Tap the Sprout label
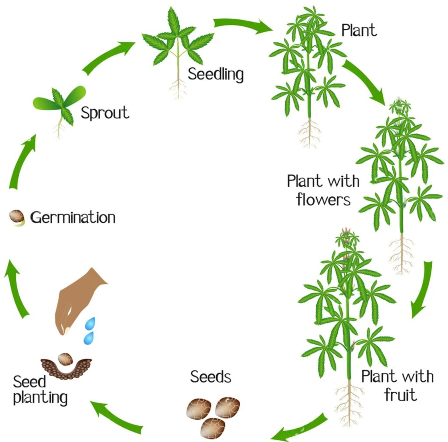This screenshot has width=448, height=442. [105, 113]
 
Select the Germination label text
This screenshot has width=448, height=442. [73, 217]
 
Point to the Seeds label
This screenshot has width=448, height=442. [210, 376]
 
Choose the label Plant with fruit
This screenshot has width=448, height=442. [397, 385]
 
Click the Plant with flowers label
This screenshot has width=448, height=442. [323, 190]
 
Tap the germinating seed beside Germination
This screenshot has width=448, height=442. [17, 216]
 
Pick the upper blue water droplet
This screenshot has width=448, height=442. [91, 324]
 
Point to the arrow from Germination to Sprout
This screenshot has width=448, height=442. [21, 162]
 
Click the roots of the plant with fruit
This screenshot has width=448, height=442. [349, 402]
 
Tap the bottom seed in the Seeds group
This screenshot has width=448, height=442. [213, 428]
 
